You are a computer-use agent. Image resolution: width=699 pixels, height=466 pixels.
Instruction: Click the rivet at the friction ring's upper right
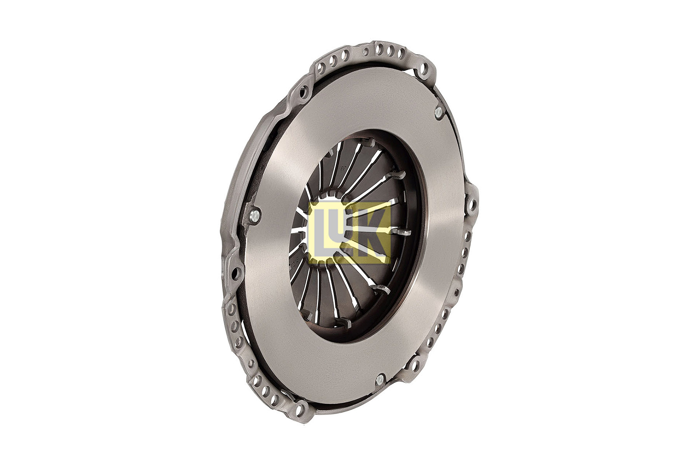[x=438, y=113]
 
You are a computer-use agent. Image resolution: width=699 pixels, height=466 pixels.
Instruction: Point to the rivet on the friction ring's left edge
[x=254, y=216]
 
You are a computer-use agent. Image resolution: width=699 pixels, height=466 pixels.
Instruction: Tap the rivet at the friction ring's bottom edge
[x=379, y=380]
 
